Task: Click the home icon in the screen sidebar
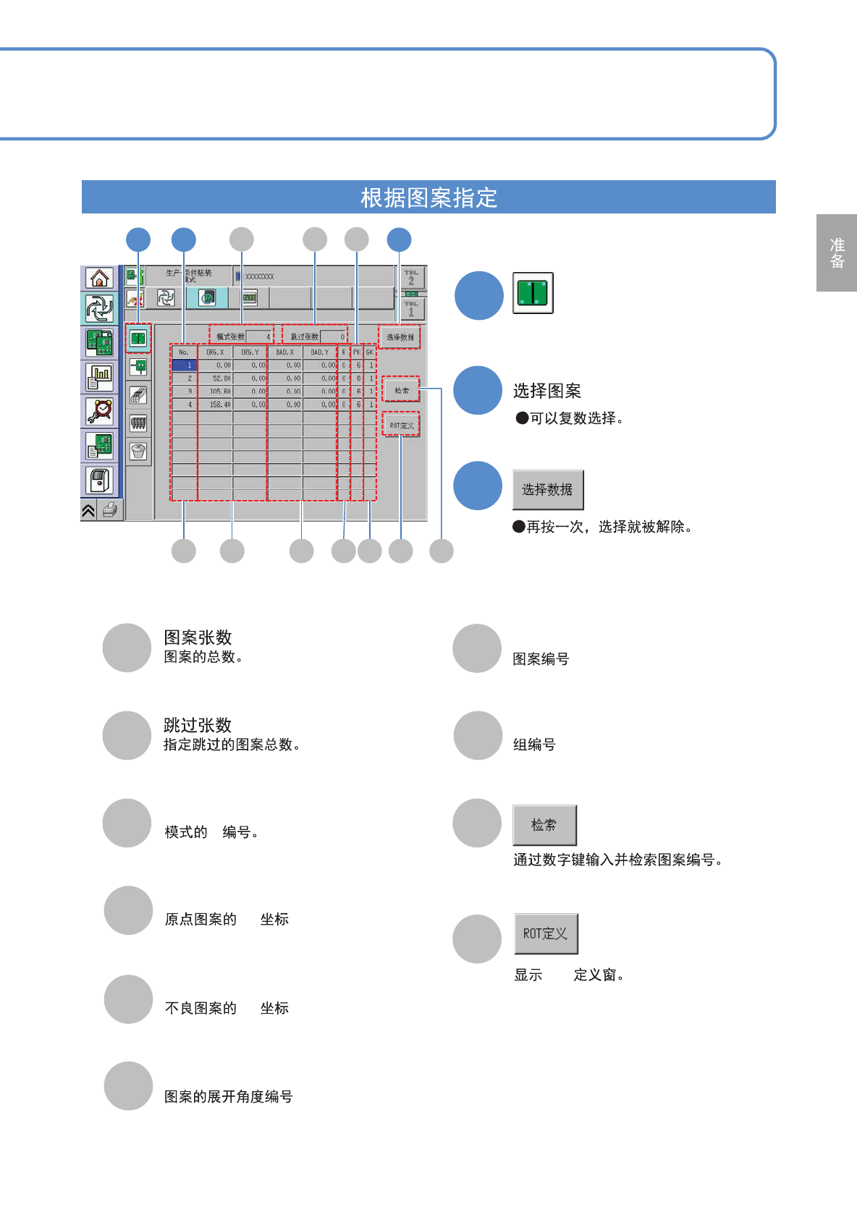click(x=100, y=278)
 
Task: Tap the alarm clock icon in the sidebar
click(x=100, y=411)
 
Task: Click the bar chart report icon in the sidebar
click(x=100, y=376)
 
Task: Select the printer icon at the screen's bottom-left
click(x=110, y=510)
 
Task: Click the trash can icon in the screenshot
click(x=138, y=452)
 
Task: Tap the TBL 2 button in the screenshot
click(x=411, y=278)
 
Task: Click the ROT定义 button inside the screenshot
click(x=401, y=425)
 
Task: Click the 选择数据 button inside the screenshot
click(x=400, y=337)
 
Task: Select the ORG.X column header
click(x=215, y=352)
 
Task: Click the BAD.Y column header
click(x=319, y=352)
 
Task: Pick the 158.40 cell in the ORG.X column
click(x=216, y=404)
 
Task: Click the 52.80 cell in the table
click(x=216, y=378)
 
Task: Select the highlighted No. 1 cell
click(x=184, y=365)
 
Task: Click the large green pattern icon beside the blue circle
click(x=533, y=293)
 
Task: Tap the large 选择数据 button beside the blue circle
click(x=548, y=490)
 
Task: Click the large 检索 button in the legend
click(x=544, y=825)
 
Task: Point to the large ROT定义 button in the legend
click(x=546, y=933)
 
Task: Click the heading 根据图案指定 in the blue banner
click(x=428, y=198)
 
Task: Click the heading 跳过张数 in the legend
click(x=198, y=725)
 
